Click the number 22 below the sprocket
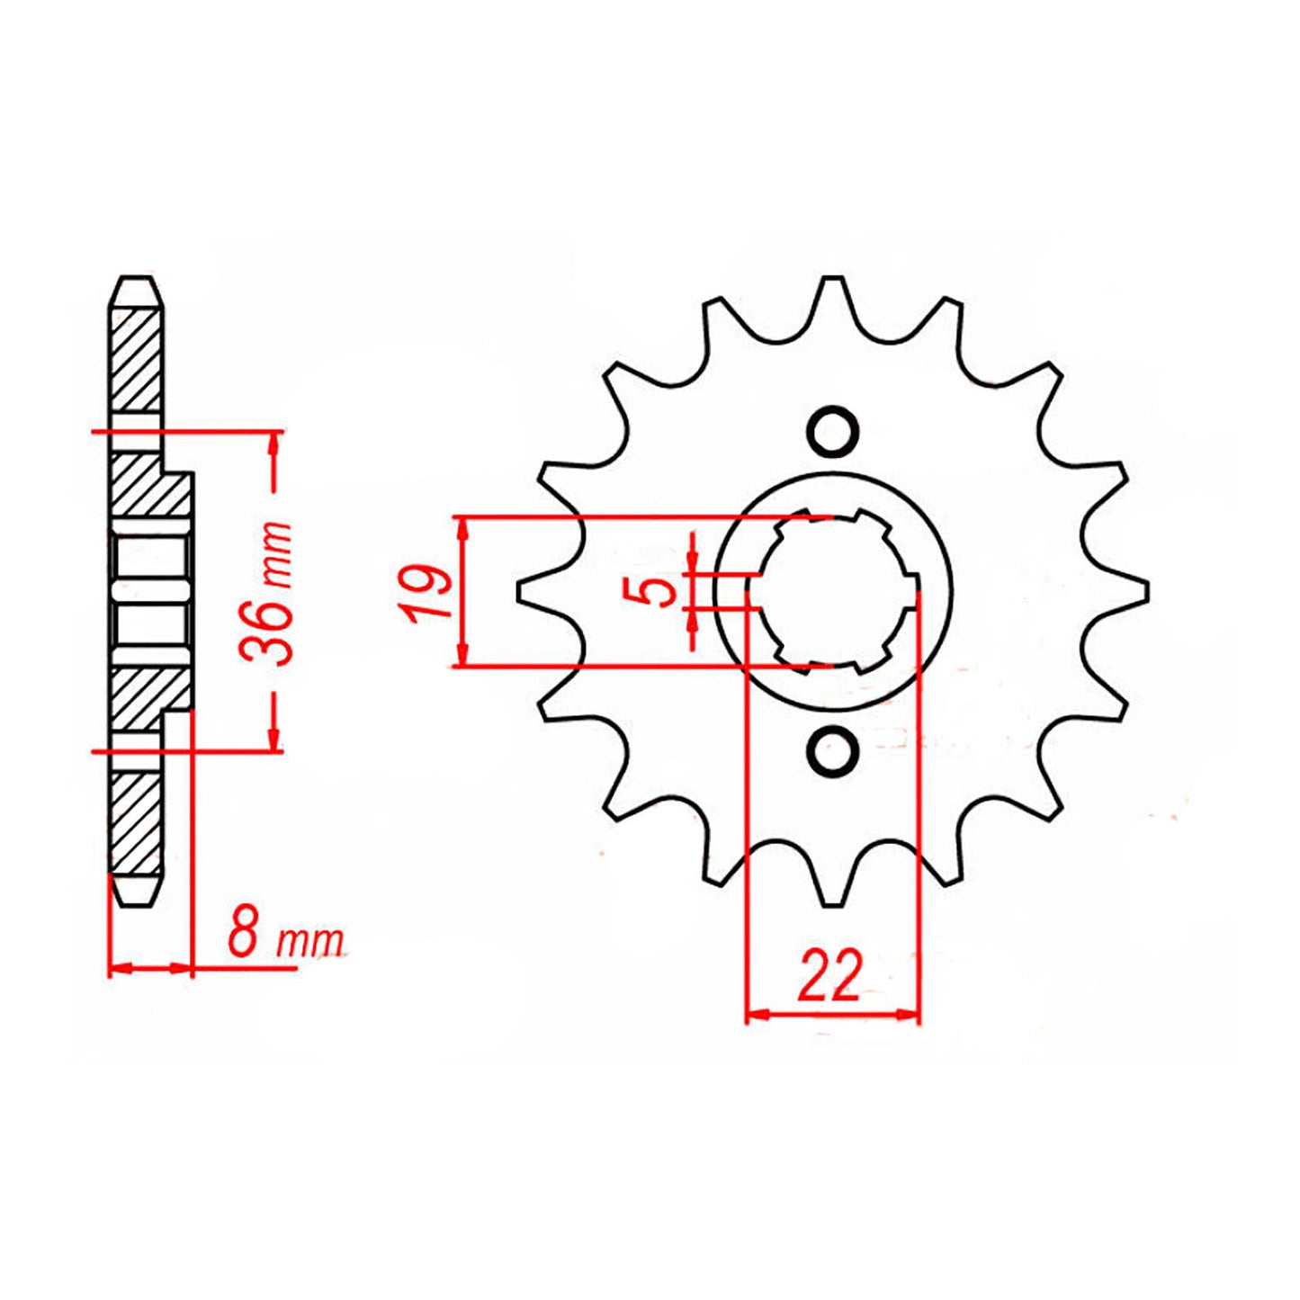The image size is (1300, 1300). tap(829, 975)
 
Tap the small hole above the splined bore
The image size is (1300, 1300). tap(831, 431)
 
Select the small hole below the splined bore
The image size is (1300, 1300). tap(832, 749)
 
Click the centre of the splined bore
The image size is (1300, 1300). tap(832, 591)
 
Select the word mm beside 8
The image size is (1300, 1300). tap(310, 943)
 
